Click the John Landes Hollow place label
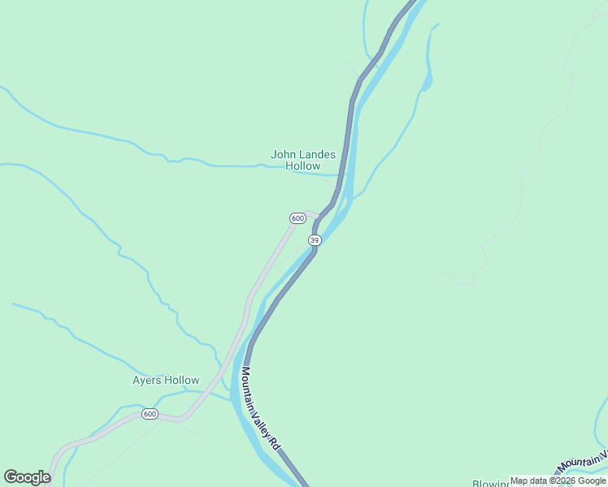[303, 159]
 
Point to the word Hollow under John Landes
[303, 166]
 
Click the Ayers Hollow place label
[166, 380]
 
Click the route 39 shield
[315, 240]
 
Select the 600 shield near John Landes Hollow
[297, 218]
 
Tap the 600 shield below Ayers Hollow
[150, 414]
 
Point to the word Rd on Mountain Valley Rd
[275, 443]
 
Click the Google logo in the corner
[27, 477]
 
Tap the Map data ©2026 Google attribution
[558, 481]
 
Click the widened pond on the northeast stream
[428, 81]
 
